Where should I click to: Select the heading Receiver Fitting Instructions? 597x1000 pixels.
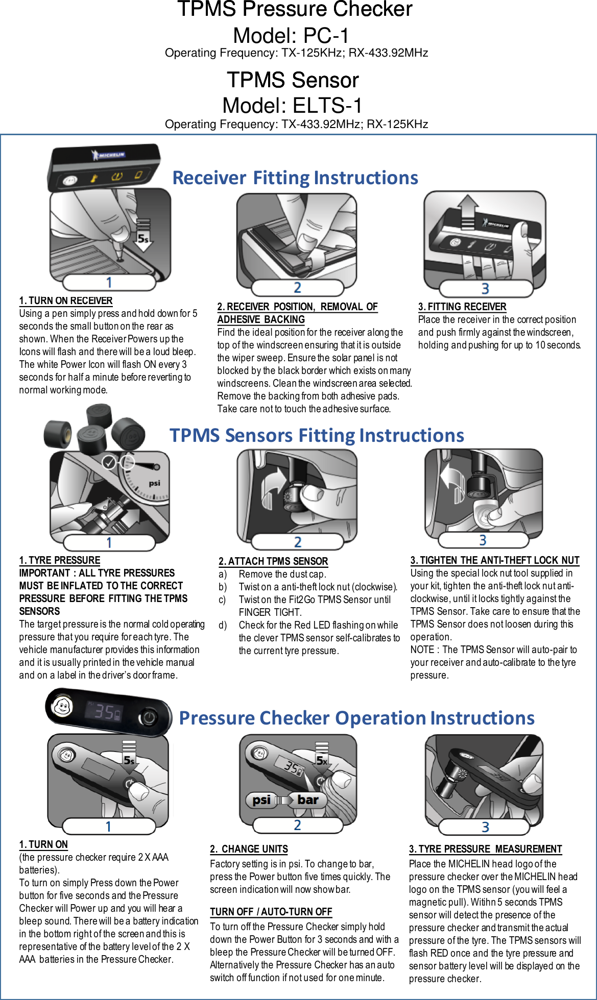pyautogui.click(x=295, y=178)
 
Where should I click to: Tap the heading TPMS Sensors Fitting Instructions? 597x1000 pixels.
pyautogui.click(x=317, y=435)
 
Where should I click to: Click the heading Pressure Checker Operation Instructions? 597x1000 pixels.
pyautogui.click(x=356, y=718)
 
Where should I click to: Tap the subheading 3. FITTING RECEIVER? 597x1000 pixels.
pyautogui.click(x=462, y=307)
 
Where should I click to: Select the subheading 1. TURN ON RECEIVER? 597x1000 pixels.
pyautogui.click(x=66, y=301)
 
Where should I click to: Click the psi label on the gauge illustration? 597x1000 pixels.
pyautogui.click(x=154, y=483)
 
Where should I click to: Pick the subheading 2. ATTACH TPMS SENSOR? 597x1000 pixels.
pyautogui.click(x=273, y=561)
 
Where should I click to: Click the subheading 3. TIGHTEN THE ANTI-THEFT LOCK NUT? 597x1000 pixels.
pyautogui.click(x=495, y=560)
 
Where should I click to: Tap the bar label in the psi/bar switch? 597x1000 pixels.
pyautogui.click(x=308, y=800)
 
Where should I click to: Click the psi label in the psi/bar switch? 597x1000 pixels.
pyautogui.click(x=261, y=800)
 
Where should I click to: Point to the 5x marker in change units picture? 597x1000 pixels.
pyautogui.click(x=322, y=760)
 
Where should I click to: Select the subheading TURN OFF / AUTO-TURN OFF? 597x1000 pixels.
pyautogui.click(x=271, y=912)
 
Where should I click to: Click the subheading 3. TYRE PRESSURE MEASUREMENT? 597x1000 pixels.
pyautogui.click(x=485, y=849)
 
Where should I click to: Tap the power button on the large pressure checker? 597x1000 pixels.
pyautogui.click(x=149, y=718)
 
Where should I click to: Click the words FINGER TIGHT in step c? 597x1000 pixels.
pyautogui.click(x=270, y=612)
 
